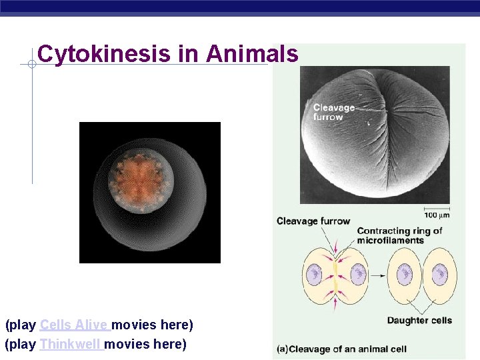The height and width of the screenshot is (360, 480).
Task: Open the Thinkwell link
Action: coord(70,344)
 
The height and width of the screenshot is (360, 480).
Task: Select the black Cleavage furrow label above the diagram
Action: coord(313,221)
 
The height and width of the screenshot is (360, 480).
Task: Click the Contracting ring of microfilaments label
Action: coord(399,235)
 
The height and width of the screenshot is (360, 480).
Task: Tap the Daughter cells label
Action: coord(419,321)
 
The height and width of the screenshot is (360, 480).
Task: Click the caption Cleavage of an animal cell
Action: coord(347,349)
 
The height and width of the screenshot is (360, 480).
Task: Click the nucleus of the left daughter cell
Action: coord(405,274)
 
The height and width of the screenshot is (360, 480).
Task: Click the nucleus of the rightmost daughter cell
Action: coord(439,273)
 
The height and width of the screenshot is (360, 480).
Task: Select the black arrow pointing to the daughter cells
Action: coord(377,274)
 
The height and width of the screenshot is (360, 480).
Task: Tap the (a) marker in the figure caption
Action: coord(282,349)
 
